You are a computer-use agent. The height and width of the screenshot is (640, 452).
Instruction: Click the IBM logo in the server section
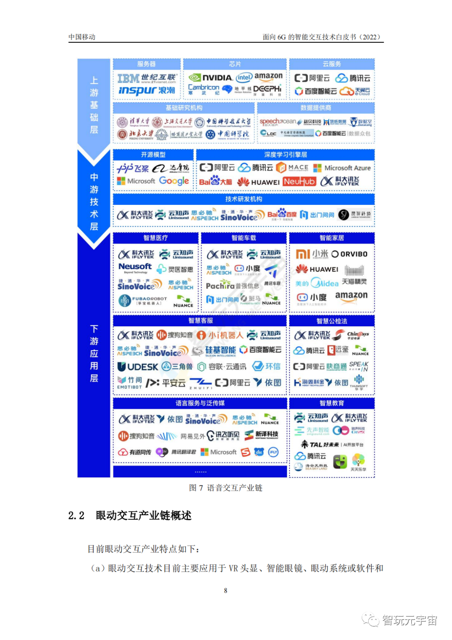click(128, 78)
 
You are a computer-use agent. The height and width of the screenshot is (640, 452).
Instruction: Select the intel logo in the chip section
click(244, 77)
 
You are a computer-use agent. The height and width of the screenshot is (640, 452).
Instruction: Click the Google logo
click(174, 181)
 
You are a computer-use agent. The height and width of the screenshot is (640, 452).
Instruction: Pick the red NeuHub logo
click(299, 181)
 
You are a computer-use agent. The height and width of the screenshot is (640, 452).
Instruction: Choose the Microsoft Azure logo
click(342, 168)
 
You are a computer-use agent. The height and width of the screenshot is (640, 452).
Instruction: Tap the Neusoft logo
click(135, 267)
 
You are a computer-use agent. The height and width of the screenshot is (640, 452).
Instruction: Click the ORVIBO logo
click(349, 254)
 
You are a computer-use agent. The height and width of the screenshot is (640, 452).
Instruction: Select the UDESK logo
click(138, 367)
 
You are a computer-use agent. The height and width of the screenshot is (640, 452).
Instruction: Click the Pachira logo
click(220, 286)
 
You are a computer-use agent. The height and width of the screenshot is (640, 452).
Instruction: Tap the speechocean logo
click(277, 121)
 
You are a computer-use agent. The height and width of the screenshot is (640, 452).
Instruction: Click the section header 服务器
click(146, 64)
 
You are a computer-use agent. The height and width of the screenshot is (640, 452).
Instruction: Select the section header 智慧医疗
click(156, 238)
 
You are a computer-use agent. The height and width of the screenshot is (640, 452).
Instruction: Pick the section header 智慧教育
click(332, 403)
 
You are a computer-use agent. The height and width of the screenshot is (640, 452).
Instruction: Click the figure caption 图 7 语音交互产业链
click(226, 488)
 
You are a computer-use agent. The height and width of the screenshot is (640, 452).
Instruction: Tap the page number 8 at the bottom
click(226, 591)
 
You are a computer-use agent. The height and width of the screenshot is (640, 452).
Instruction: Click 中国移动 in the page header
click(82, 37)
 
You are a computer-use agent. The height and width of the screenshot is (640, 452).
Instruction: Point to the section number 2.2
click(76, 515)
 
